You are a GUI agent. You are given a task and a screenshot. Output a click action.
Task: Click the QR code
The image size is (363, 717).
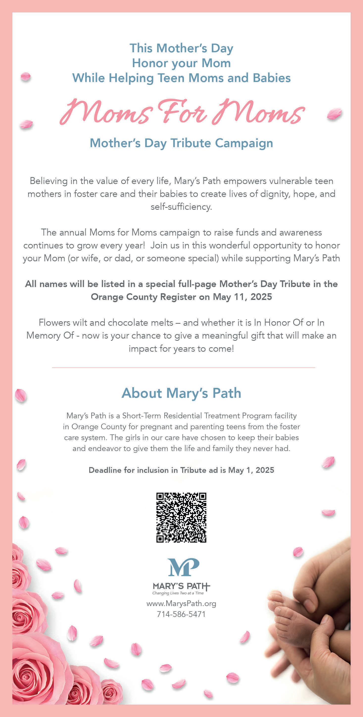click(181, 517)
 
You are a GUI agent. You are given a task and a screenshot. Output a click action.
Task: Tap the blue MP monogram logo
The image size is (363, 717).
click(184, 567)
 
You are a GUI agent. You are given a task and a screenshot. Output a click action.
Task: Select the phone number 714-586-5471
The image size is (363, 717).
click(181, 614)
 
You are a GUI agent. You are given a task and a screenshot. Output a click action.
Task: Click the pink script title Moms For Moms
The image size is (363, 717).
click(182, 113)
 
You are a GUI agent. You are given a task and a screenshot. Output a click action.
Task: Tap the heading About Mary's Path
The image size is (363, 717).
click(181, 393)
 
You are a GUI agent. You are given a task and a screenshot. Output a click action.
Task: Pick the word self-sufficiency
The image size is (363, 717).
click(181, 207)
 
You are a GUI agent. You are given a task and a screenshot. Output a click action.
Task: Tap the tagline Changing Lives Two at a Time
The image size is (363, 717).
click(178, 593)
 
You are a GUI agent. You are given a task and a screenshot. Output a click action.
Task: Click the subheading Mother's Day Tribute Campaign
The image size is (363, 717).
click(181, 143)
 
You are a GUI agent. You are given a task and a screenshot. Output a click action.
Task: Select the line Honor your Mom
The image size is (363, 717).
click(181, 63)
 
